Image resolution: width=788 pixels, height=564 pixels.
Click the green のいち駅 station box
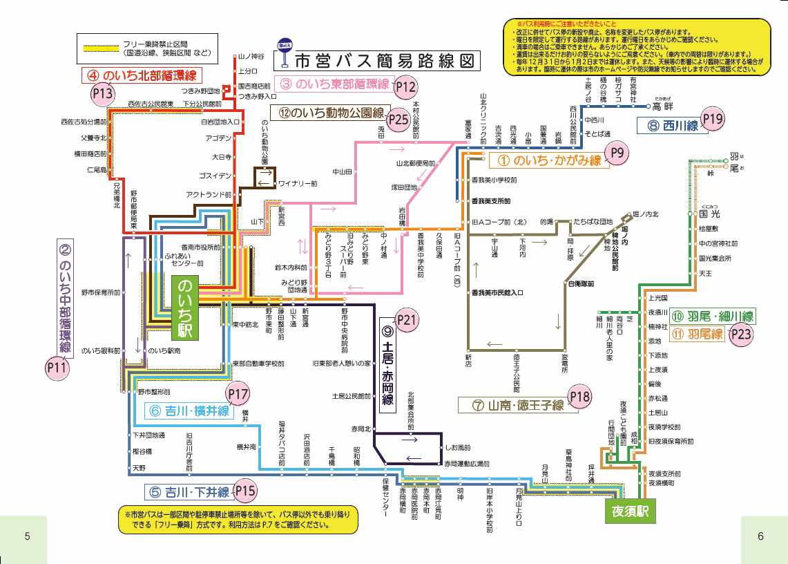(x=185, y=307)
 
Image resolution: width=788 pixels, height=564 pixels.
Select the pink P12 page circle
(x=405, y=87)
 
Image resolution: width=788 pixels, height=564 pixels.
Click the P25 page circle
(x=398, y=119)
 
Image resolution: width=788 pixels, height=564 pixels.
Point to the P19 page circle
(x=713, y=120)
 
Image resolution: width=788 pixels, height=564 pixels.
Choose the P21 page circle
(x=407, y=319)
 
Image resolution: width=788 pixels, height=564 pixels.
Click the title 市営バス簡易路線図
(x=385, y=61)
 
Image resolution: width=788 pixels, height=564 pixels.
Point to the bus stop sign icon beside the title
(x=283, y=53)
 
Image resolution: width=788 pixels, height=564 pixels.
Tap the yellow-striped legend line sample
(x=101, y=48)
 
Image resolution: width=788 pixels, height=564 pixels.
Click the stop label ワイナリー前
(x=298, y=184)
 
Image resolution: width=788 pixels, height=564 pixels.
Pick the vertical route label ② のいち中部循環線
(x=65, y=297)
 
